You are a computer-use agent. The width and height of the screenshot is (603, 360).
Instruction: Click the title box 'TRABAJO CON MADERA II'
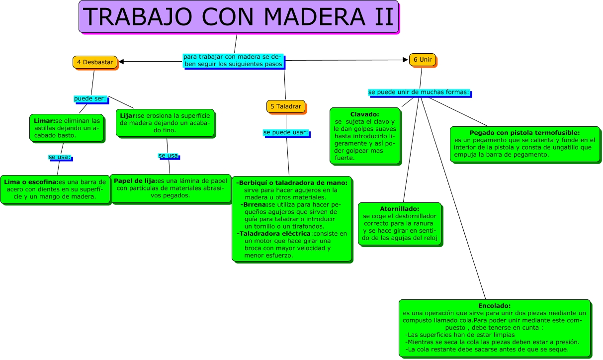point(239,16)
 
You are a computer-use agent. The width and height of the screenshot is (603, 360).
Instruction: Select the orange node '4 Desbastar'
point(94,62)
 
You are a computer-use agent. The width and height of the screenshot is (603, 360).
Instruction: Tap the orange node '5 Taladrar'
point(286,106)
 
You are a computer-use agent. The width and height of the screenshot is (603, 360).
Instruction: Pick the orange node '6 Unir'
point(422,60)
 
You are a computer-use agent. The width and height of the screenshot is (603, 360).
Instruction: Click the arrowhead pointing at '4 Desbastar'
point(121,62)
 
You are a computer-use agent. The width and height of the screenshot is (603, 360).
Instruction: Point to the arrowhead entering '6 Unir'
point(405,60)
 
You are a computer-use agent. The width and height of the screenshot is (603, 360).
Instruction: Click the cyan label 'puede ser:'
point(90,98)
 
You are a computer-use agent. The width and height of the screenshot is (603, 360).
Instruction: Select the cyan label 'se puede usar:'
point(285,133)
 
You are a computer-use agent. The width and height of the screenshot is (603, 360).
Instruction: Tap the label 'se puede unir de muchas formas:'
point(419,92)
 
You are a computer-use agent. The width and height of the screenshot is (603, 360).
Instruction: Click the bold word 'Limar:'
point(44,121)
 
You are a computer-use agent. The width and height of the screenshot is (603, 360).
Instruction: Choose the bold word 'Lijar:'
point(129,116)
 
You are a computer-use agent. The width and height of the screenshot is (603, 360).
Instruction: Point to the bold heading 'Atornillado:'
point(399,209)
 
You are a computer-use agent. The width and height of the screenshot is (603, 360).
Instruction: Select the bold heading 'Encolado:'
point(494,306)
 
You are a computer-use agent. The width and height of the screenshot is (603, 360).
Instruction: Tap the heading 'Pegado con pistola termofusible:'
point(524,133)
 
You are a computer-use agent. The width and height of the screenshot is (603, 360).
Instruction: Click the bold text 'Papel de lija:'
point(135,180)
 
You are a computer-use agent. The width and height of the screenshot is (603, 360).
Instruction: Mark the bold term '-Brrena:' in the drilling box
point(254,204)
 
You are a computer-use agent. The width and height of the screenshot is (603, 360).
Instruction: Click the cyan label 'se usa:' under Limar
point(60,157)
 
